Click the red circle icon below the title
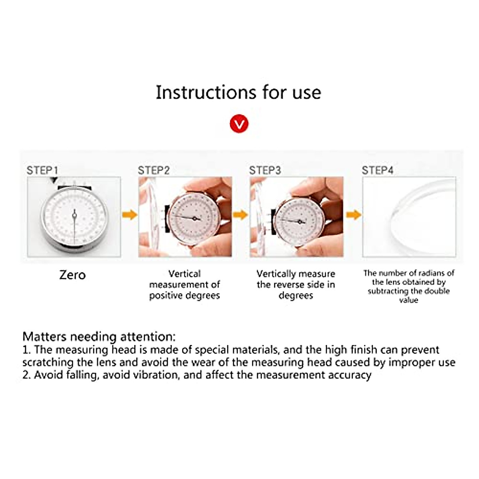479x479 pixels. point(239,124)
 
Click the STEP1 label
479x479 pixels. point(42,170)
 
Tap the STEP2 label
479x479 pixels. point(154,170)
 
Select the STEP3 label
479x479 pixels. point(265,170)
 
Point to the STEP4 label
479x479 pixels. point(377,170)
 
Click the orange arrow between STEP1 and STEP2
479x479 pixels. point(129,215)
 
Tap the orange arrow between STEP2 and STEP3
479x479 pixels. point(241,215)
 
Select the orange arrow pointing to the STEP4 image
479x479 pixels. point(353,215)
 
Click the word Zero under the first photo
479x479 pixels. point(72,275)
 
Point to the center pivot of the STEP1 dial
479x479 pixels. point(74,216)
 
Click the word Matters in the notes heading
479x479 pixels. point(44,336)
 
